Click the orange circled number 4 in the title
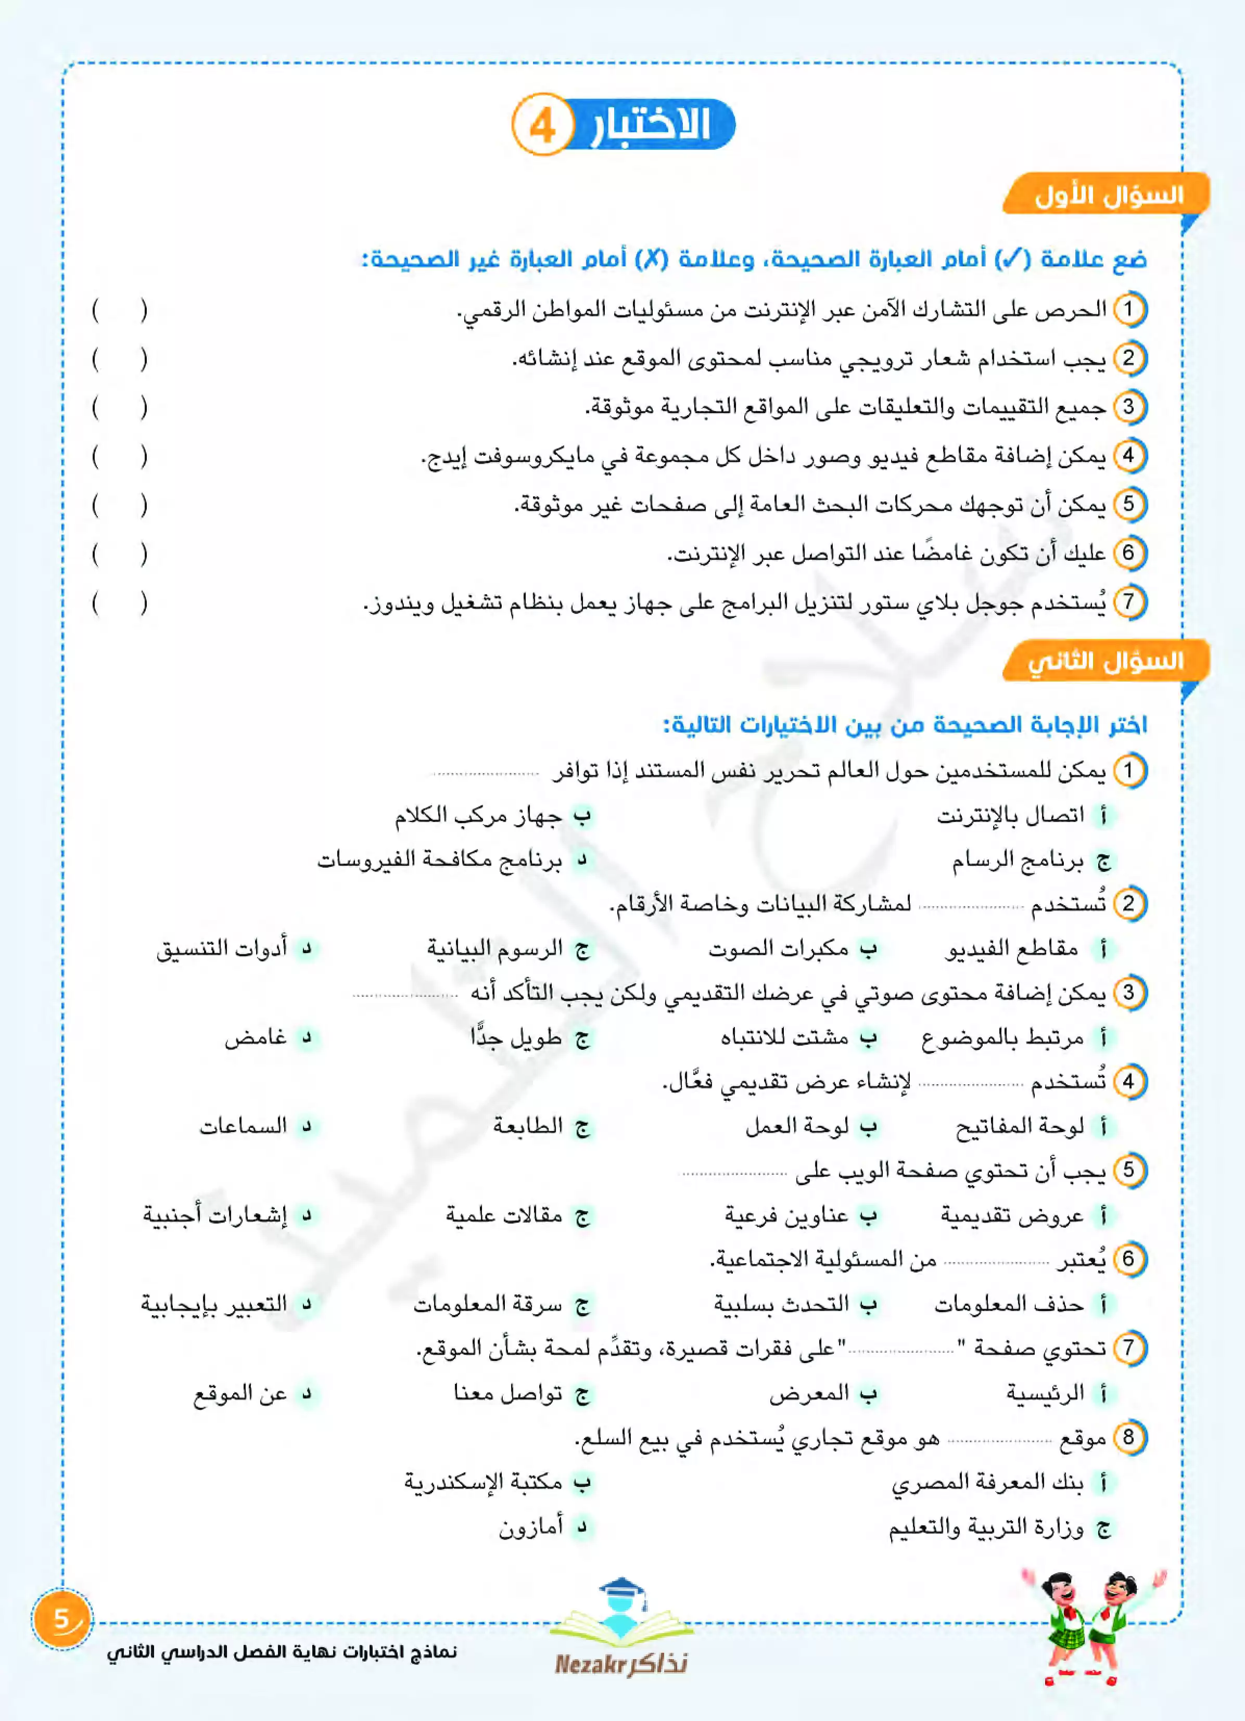pos(542,125)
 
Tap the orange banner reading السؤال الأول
pos(1107,196)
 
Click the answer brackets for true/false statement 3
pos(119,407)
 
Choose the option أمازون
pos(531,1527)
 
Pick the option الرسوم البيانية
pos(495,948)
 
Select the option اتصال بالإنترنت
pos(1010,816)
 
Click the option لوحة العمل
pos(796,1127)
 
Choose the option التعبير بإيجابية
pos(214,1304)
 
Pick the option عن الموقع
pos(240,1394)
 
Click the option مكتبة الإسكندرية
pos(483,1482)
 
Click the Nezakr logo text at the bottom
pos(621,1664)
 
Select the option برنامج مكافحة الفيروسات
pos(439,860)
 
